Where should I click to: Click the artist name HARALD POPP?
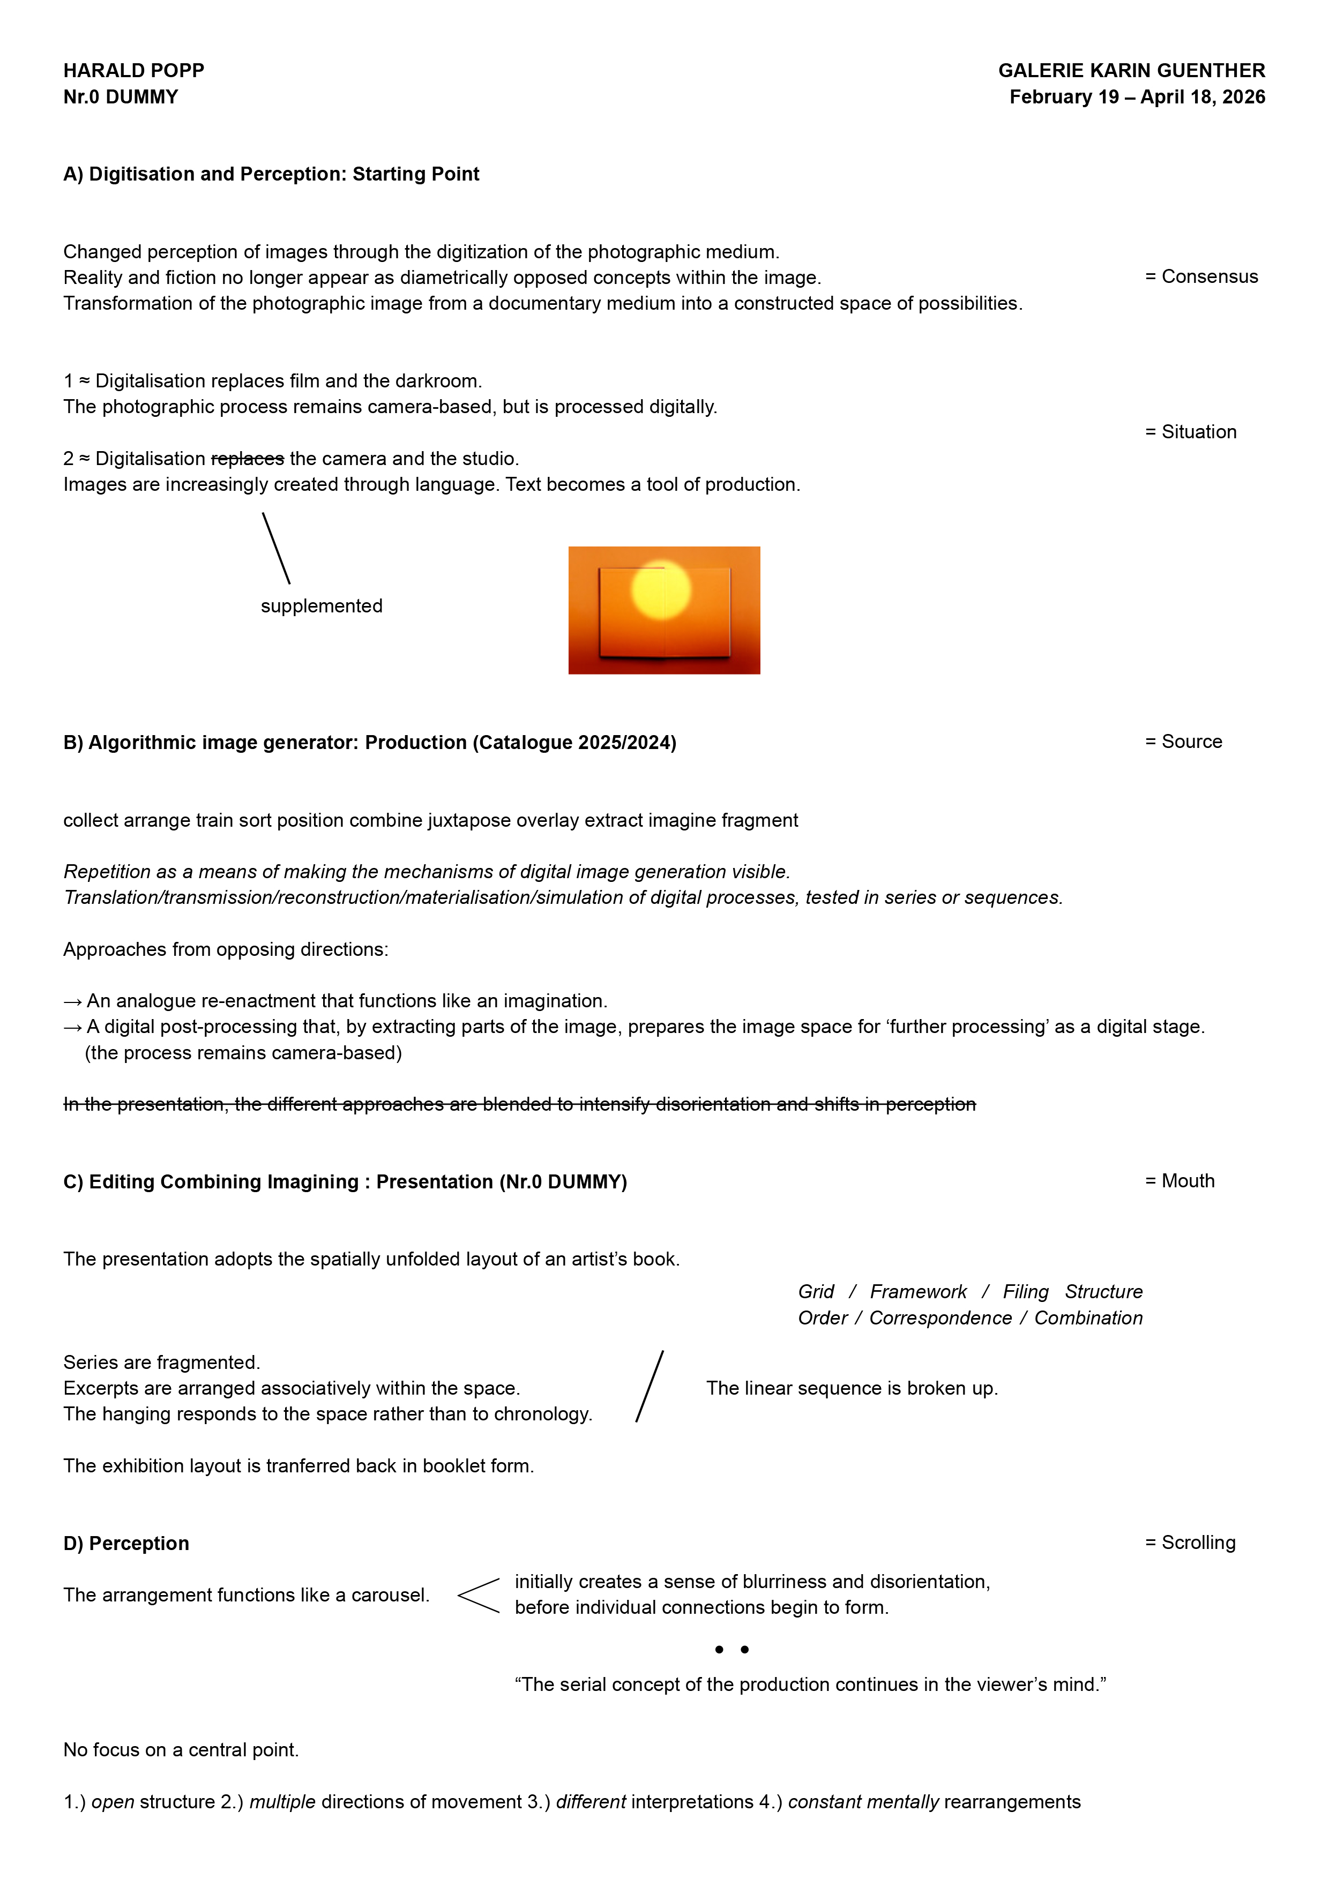(133, 70)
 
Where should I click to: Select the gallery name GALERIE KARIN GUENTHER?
(1131, 70)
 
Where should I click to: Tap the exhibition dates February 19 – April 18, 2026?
(1137, 96)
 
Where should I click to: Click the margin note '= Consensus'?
(1201, 276)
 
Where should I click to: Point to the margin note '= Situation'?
(1191, 432)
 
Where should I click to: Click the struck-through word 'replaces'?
(247, 459)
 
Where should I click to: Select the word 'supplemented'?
(322, 607)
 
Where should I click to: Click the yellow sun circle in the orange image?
(661, 589)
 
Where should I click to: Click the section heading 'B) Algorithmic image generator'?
(369, 742)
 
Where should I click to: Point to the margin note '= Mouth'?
(1180, 1181)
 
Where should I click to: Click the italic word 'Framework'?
(917, 1291)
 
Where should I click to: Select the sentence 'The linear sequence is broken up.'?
(852, 1388)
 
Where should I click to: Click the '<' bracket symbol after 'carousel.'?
(478, 1595)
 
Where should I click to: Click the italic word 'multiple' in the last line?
(282, 1802)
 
